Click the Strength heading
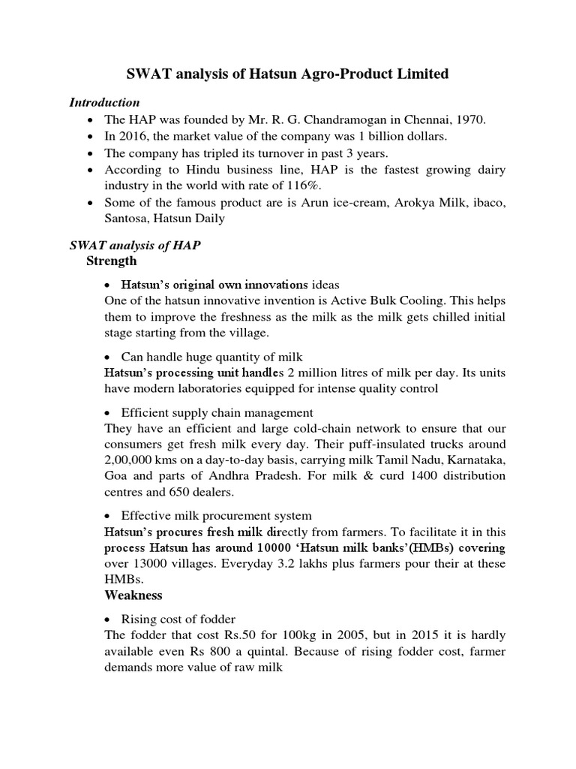pos(112,261)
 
